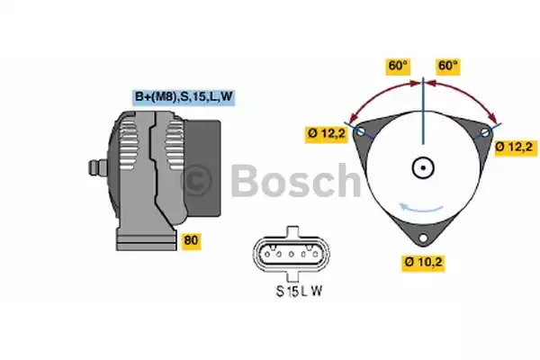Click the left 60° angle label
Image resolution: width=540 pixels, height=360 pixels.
coord(398,66)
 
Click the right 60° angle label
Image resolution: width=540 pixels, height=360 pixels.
coord(447,66)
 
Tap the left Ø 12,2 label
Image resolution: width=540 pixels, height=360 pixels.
coord(326,133)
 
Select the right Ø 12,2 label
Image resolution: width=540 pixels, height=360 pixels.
coord(516,147)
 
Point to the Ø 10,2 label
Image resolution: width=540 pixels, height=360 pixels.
coord(423,262)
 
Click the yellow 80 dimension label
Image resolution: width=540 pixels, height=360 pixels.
coord(191,240)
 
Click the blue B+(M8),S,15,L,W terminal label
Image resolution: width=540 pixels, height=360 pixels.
coord(184,97)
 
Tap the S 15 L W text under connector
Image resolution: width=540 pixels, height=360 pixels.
coord(300,292)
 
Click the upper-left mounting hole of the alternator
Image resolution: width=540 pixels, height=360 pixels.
coord(361,131)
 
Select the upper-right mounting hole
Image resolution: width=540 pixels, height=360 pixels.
coord(484,132)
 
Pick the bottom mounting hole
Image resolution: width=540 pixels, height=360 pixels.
coord(423,238)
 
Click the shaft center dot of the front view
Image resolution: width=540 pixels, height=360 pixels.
coord(423,167)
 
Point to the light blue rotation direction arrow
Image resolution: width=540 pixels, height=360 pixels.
coord(421,209)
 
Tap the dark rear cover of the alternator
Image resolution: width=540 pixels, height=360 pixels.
coord(203,168)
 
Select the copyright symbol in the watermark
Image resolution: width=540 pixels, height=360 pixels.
coord(196,181)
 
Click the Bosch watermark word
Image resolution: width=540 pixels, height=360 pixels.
coord(295,180)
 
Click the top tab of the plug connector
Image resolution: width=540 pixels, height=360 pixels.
coord(292,231)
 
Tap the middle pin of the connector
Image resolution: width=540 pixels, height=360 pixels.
coord(291,255)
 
